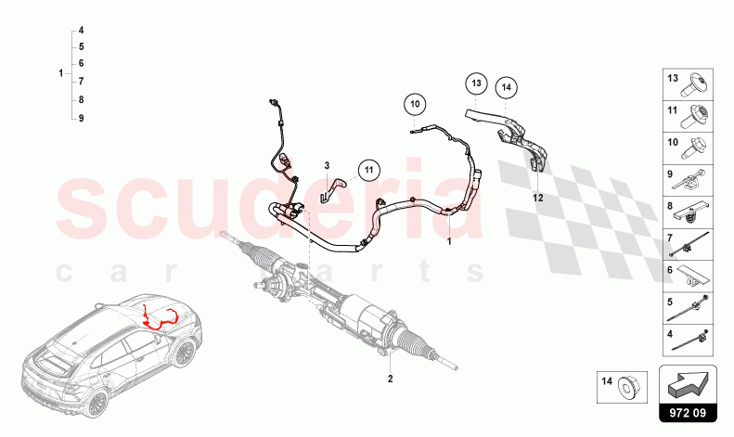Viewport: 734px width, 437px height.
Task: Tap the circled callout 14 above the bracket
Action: coord(506,88)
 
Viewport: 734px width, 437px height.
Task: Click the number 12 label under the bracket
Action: coord(537,197)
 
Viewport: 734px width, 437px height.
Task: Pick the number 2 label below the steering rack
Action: coord(391,379)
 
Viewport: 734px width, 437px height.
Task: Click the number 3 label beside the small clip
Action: coord(327,164)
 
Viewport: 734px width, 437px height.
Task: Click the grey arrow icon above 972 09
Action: coord(688,380)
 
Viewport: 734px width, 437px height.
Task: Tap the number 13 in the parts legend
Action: coord(674,79)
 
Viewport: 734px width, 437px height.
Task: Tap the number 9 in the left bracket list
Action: coord(82,118)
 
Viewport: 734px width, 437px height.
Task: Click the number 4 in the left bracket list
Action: coord(82,30)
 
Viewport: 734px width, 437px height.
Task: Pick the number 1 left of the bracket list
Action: coord(60,72)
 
